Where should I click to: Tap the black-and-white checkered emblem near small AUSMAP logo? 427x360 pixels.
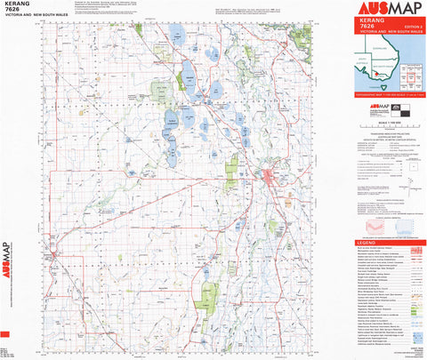399,110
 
